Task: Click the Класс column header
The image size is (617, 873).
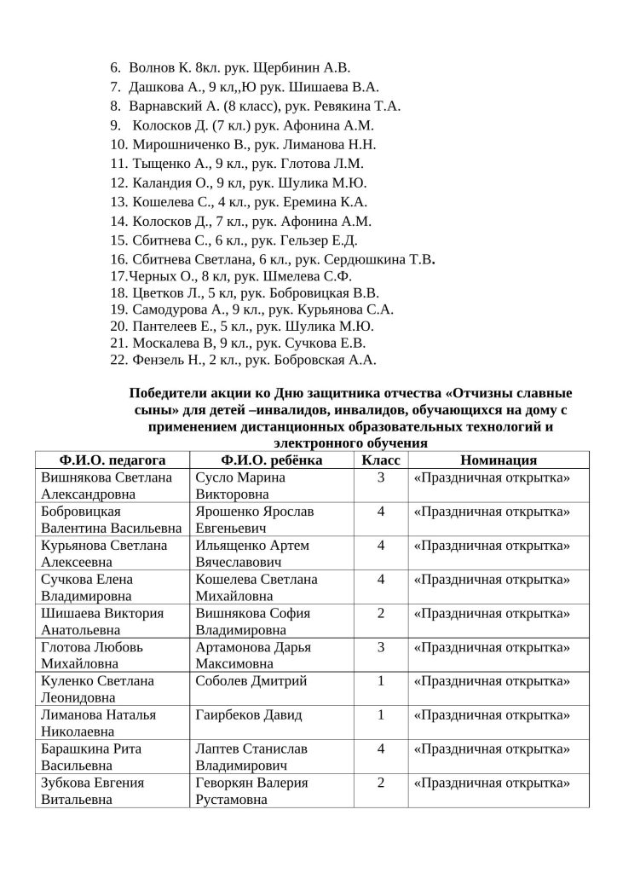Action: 379,460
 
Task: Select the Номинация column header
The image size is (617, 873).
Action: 492,460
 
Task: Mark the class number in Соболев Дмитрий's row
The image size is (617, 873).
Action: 380,681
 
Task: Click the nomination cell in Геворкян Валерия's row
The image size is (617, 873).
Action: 492,783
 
